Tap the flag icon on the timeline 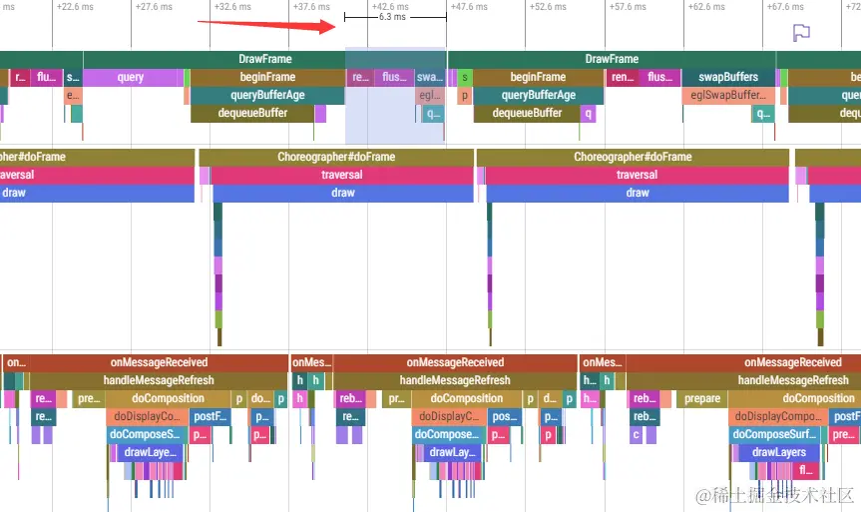click(800, 32)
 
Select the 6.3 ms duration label click(392, 18)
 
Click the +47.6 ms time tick click(468, 6)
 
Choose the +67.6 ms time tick click(785, 6)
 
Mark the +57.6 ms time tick click(627, 6)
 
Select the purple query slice click(131, 77)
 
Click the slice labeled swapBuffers click(728, 77)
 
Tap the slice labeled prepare click(702, 398)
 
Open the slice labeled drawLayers click(778, 452)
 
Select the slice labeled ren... click(623, 77)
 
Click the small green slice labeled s click(464, 77)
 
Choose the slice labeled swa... click(430, 77)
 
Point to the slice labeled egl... click(429, 95)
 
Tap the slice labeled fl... click(806, 470)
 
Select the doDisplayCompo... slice click(775, 416)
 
